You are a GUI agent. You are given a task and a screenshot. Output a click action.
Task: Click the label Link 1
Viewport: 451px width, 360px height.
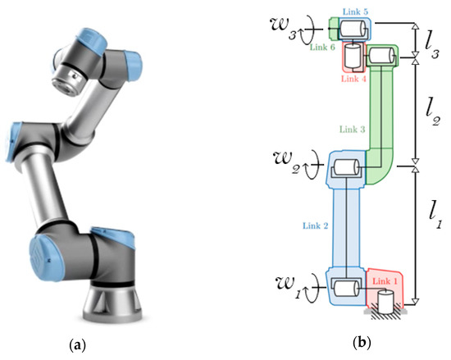(x=383, y=280)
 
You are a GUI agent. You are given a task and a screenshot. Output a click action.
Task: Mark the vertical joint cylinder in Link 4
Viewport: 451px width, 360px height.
(x=353, y=57)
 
